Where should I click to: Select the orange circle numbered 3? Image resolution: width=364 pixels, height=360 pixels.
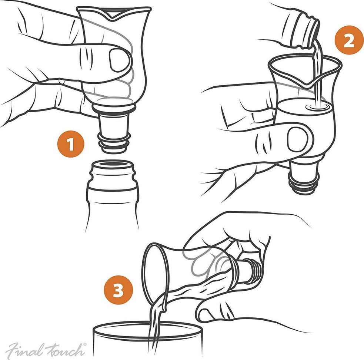point(118,291)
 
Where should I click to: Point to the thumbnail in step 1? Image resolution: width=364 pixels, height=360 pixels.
point(120,60)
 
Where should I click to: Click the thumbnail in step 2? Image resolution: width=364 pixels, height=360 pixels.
point(297,139)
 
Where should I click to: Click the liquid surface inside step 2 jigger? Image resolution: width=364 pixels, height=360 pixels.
point(296,106)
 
